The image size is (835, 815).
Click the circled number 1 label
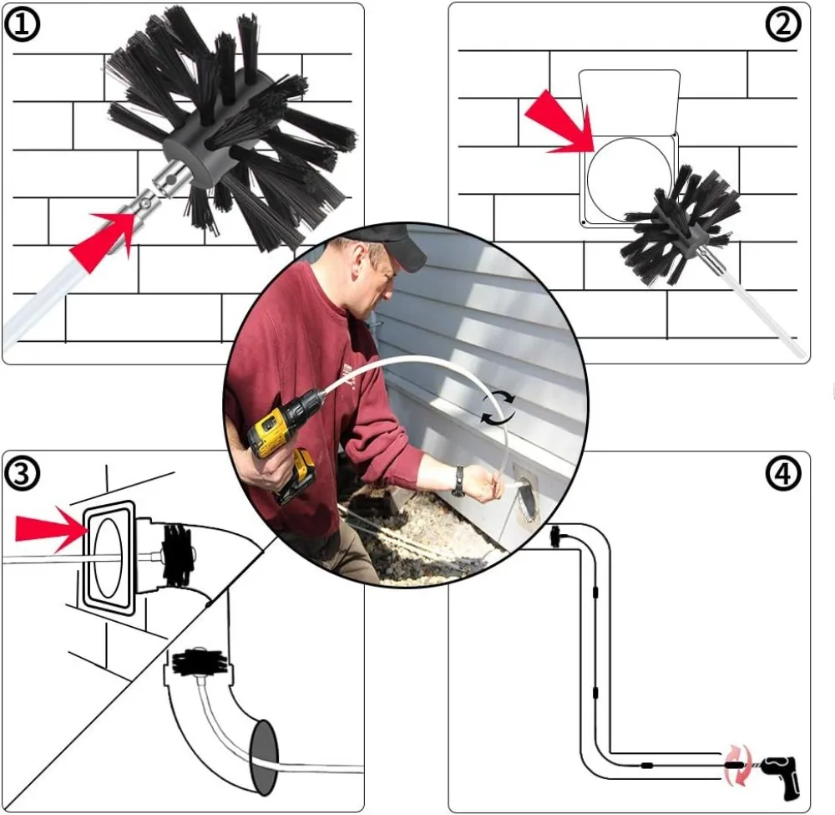pyautogui.click(x=23, y=25)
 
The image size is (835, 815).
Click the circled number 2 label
pyautogui.click(x=782, y=25)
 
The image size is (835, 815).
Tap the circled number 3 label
pyautogui.click(x=23, y=474)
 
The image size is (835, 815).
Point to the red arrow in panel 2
pyautogui.click(x=558, y=122)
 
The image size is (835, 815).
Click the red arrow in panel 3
pyautogui.click(x=50, y=528)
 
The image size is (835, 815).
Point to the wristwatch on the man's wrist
pyautogui.click(x=458, y=481)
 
